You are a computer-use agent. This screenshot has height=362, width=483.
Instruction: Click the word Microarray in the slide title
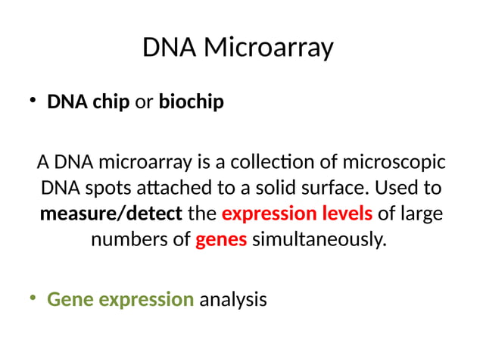point(270,48)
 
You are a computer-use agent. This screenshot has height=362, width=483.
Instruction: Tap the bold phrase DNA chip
point(89,101)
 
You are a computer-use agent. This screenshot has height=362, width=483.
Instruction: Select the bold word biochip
point(191,101)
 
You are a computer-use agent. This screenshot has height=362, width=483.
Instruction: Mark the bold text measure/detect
point(111,214)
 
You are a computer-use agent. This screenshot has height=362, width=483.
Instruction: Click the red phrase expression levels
point(297,214)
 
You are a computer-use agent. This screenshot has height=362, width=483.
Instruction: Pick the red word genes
point(221,240)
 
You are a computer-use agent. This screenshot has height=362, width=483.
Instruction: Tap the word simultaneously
point(319,240)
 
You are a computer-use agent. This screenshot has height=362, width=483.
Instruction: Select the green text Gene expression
point(120,299)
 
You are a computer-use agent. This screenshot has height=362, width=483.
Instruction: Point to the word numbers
point(129,240)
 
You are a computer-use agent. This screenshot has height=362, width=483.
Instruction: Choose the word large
point(422,214)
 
